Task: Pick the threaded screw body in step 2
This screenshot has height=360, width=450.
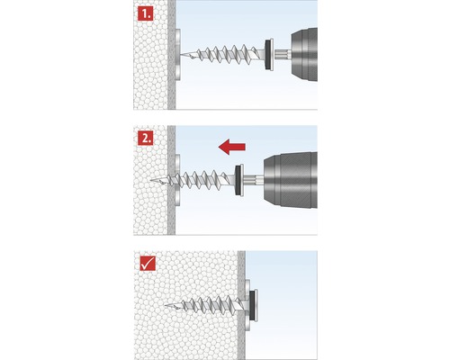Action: [202, 178]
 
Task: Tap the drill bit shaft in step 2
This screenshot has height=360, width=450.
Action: [254, 178]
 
